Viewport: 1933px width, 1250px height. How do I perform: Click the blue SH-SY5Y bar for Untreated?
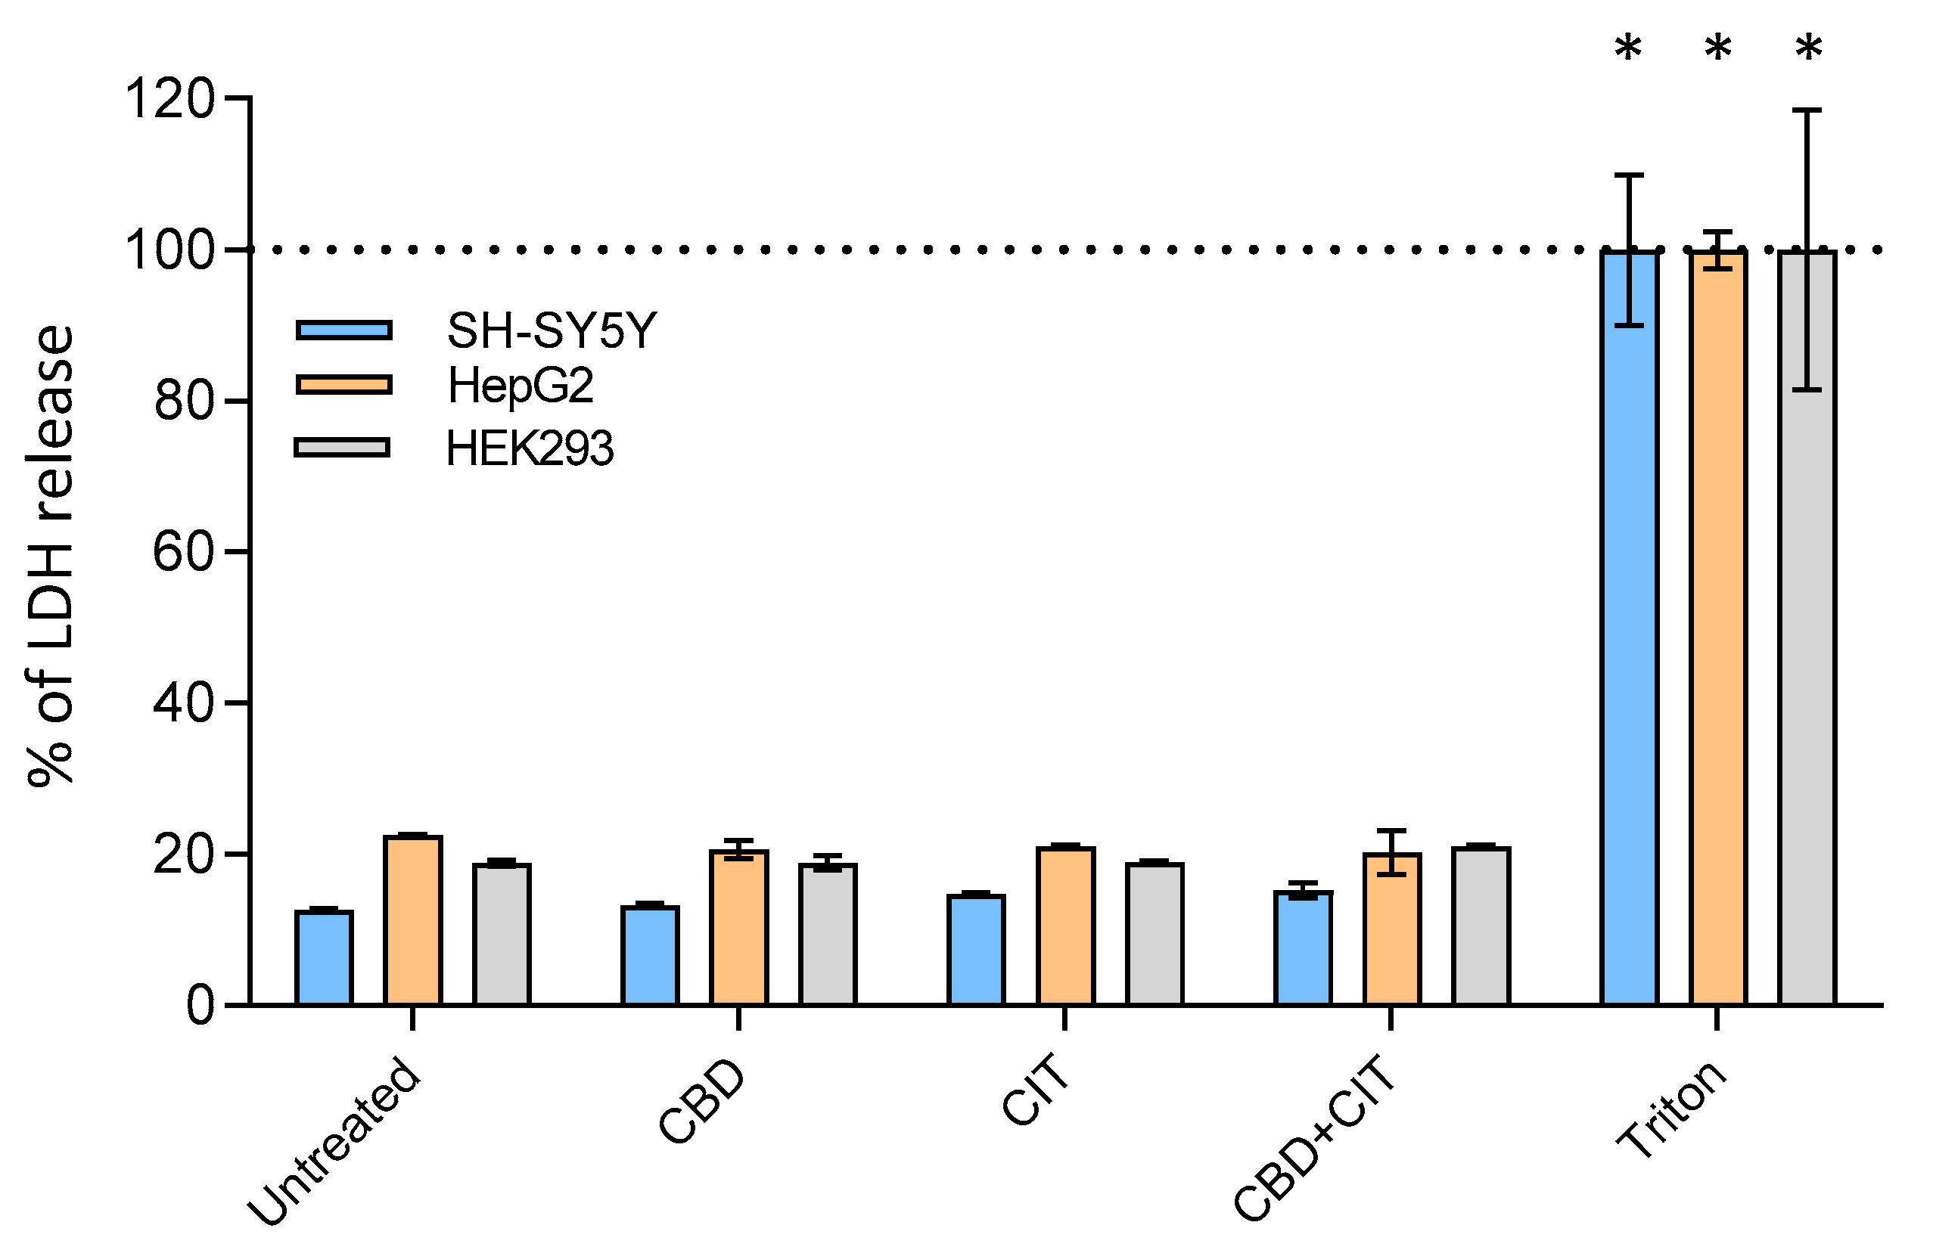pos(323,958)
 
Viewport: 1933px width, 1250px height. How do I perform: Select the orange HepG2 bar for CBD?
pos(738,928)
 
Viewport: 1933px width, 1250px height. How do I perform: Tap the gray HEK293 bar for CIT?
pos(1154,934)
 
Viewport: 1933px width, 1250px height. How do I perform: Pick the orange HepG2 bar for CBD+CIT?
pos(1391,929)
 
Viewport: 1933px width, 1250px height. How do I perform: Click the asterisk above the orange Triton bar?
pos(1717,51)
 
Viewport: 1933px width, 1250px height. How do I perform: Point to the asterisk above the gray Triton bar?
pos(1808,51)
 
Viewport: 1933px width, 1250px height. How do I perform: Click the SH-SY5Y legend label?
pos(552,331)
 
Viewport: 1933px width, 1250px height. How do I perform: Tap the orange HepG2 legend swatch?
pos(344,385)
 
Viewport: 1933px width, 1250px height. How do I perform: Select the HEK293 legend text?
pos(530,449)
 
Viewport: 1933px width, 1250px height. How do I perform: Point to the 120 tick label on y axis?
pos(169,99)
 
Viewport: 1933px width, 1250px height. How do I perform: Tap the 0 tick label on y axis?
pos(200,1007)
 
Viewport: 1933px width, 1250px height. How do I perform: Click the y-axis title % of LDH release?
pos(51,555)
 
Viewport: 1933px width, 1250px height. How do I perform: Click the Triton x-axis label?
pos(1670,1109)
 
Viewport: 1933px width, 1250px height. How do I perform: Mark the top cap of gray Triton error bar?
pos(1807,110)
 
